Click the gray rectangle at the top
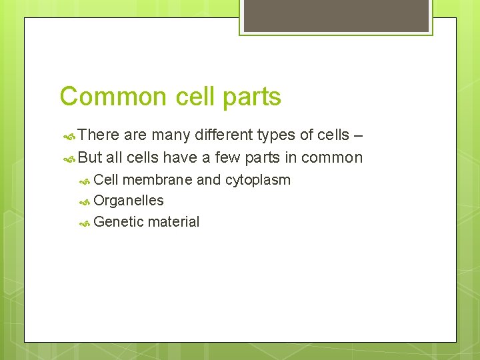[336, 15]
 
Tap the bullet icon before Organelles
[84, 201]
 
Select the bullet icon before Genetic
[84, 222]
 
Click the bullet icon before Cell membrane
[84, 180]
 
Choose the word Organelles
[129, 201]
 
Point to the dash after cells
[358, 135]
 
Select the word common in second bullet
[331, 158]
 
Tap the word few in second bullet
[228, 158]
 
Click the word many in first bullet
[169, 135]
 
